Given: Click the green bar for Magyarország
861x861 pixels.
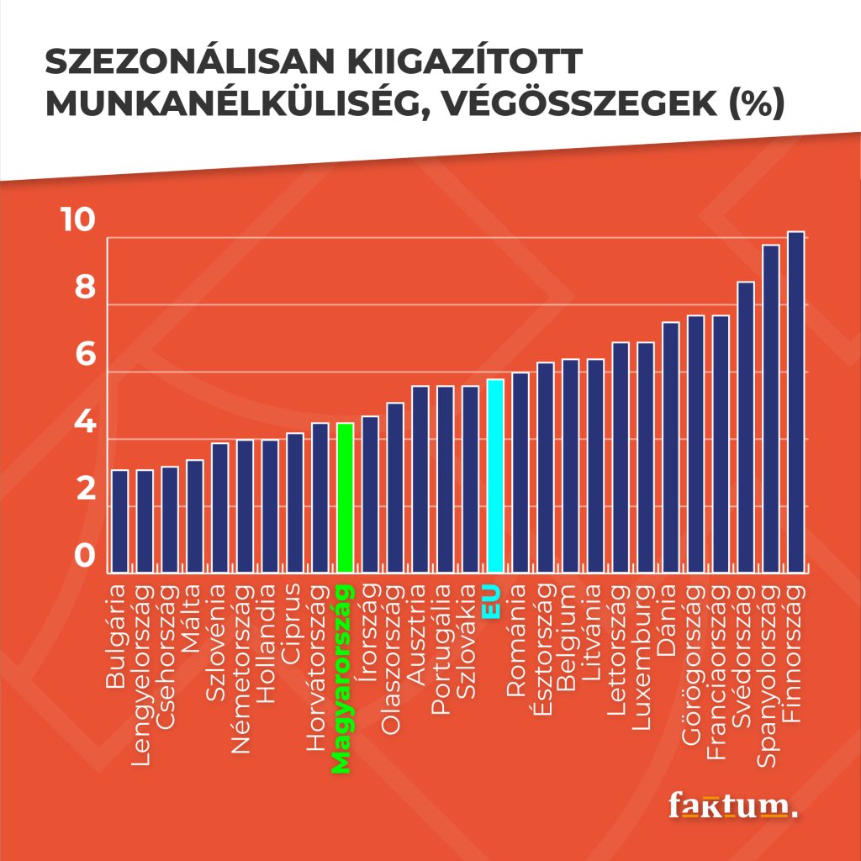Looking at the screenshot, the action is [x=345, y=498].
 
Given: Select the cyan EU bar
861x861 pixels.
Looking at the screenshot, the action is [x=495, y=476].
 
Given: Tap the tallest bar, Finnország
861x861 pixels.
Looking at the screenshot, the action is [x=795, y=402].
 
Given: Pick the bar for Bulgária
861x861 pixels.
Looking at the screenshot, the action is [x=119, y=521].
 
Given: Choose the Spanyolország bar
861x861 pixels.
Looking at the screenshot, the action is [x=771, y=409].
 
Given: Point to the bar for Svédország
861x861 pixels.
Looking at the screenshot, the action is [x=746, y=427].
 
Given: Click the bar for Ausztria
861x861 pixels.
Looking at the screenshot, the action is [x=420, y=479].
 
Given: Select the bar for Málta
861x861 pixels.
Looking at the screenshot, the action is [x=195, y=516].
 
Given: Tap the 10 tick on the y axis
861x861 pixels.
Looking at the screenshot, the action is [x=78, y=219].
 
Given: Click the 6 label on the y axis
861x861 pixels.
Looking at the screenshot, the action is [x=85, y=354].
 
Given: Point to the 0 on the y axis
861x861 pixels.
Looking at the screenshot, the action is [x=85, y=555].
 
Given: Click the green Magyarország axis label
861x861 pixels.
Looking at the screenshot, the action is [x=341, y=679].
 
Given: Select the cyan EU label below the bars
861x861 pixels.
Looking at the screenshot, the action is [x=491, y=602].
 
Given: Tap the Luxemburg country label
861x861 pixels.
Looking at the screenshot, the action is [x=642, y=658].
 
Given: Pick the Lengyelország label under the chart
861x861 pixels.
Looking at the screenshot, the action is [x=140, y=675].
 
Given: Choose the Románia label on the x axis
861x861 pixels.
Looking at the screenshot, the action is [x=516, y=641].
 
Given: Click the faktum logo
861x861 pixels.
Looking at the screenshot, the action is [x=732, y=806].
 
